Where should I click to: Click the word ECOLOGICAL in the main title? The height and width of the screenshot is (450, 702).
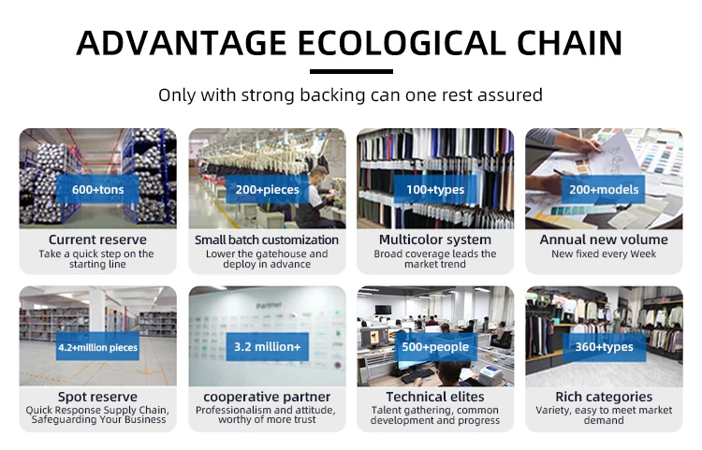[402, 43]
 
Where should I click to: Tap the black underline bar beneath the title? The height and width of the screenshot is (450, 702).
[351, 72]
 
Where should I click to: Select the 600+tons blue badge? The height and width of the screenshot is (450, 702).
[97, 189]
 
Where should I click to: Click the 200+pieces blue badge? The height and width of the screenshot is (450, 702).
[268, 189]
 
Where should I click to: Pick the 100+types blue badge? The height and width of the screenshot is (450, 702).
[435, 189]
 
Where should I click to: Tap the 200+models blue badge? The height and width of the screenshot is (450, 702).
[604, 189]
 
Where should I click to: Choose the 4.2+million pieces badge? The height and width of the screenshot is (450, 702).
[97, 347]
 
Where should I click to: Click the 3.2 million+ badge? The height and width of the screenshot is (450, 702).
[268, 347]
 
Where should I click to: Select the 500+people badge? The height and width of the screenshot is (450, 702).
[435, 347]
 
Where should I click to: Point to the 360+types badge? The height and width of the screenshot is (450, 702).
[604, 347]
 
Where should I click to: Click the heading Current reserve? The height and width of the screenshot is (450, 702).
[97, 240]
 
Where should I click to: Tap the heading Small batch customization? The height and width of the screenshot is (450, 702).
[267, 240]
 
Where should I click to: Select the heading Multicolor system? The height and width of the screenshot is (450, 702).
[435, 240]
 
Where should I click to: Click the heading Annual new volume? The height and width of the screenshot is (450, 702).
[604, 240]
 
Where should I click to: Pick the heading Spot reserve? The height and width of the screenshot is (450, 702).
[97, 397]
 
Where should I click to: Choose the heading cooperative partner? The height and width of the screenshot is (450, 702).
[267, 397]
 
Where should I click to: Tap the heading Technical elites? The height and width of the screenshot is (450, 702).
[435, 397]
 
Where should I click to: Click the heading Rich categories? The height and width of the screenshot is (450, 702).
[604, 397]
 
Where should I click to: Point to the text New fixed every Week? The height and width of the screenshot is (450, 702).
[604, 254]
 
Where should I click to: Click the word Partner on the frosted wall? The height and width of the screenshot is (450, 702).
[269, 305]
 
